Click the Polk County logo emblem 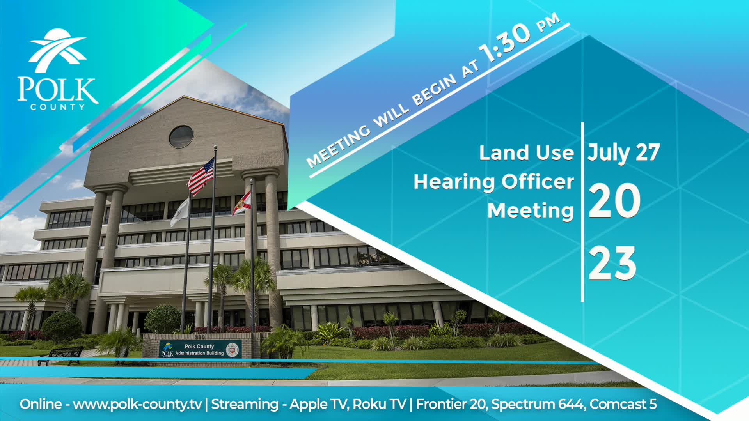57,50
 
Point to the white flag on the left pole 180,212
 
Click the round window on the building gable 181,136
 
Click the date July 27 623,152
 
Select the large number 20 614,201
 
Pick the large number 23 612,264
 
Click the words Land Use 526,152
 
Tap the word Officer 538,182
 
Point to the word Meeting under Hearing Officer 531,210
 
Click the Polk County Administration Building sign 200,349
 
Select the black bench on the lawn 61,355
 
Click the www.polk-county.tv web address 137,404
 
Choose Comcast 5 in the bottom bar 623,404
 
